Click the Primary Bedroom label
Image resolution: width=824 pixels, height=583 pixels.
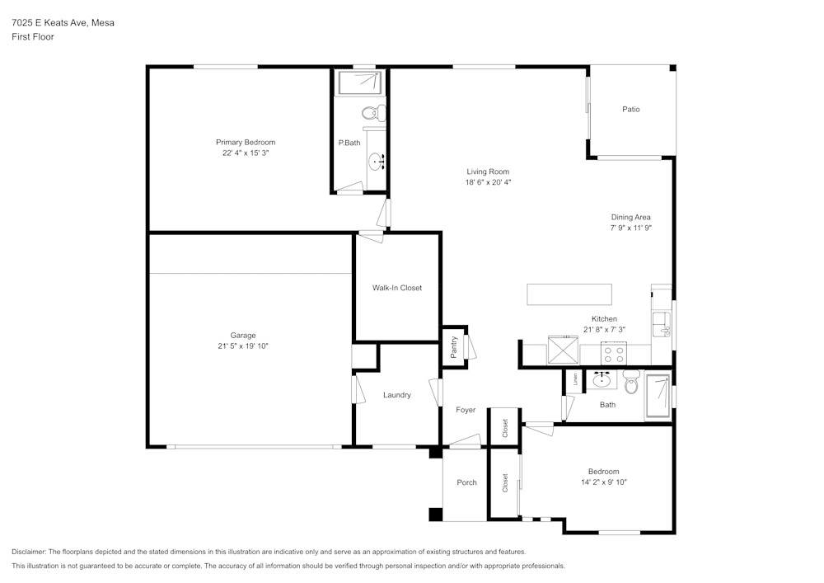(246, 143)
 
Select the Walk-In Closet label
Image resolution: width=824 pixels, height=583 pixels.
(397, 288)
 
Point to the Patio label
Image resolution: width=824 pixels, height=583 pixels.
(631, 109)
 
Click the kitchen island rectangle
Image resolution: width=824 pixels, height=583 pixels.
(569, 294)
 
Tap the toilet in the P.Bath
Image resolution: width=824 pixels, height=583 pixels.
(372, 113)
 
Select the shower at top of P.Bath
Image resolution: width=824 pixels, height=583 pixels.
(361, 82)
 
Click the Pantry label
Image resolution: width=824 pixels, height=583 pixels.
(454, 347)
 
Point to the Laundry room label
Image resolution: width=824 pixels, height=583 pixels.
(397, 395)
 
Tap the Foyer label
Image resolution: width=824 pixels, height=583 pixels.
(466, 410)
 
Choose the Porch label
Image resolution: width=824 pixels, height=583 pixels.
(466, 482)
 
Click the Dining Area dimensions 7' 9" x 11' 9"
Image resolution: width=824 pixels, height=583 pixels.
(631, 228)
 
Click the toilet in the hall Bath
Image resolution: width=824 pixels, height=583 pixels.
(631, 382)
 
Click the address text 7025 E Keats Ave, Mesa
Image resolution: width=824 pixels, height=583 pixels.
(63, 23)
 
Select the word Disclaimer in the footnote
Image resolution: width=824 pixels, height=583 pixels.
(29, 552)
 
